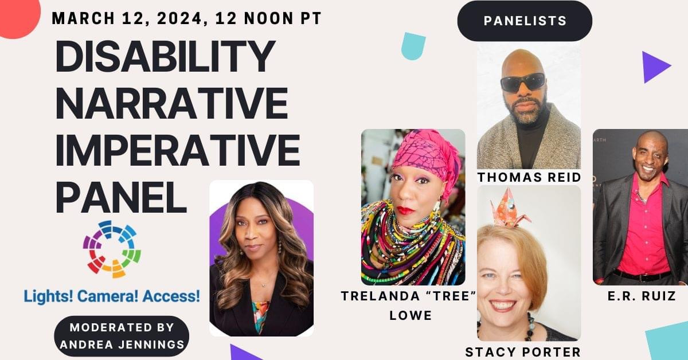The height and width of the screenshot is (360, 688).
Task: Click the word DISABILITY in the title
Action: coord(165,56)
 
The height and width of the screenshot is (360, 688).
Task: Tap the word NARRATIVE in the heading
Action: coord(171,103)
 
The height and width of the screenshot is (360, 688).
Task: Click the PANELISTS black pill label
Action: coord(525,21)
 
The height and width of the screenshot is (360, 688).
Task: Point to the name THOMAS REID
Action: coord(529,177)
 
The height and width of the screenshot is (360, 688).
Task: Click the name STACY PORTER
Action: coord(523,352)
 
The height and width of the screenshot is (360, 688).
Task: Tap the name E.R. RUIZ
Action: coord(642,296)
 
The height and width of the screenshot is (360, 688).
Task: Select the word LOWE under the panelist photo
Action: coord(411,315)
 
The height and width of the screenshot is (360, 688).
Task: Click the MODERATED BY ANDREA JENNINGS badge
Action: coord(122,336)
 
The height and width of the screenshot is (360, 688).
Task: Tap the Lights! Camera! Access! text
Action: coord(112,296)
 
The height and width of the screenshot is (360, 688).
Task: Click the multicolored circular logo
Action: coord(112,249)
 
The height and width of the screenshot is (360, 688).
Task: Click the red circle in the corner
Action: coord(18,17)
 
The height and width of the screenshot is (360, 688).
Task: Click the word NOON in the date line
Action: coord(269,18)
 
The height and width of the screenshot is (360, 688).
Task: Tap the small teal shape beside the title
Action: coord(413,46)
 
